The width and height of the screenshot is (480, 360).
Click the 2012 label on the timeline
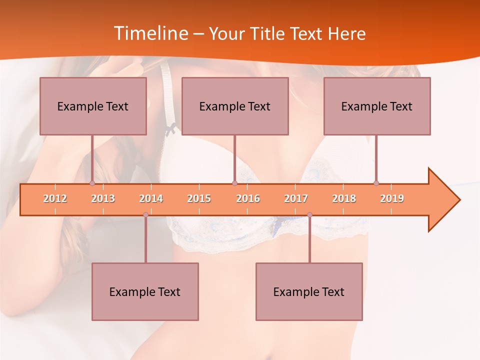click(55, 198)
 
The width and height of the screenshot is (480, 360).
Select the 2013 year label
click(103, 198)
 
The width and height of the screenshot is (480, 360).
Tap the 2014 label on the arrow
click(151, 198)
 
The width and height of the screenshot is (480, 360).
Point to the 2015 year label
click(199, 198)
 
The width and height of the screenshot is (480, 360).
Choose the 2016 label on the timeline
click(248, 198)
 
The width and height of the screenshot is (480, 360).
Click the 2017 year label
click(296, 198)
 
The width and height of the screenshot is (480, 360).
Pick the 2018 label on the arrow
click(344, 198)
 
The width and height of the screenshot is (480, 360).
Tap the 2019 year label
click(392, 198)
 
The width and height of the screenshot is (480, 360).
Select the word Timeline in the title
click(150, 33)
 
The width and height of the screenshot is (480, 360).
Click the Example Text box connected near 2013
click(93, 106)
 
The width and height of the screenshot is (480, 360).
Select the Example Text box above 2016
click(235, 106)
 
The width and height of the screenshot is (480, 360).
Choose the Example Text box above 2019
click(377, 106)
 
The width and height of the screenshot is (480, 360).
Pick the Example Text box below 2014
click(145, 291)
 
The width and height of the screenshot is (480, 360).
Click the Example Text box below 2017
click(309, 291)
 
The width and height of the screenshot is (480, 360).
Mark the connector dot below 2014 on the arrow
click(145, 214)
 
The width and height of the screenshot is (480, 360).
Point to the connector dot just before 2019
click(376, 183)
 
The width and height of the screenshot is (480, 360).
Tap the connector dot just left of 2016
click(234, 183)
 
